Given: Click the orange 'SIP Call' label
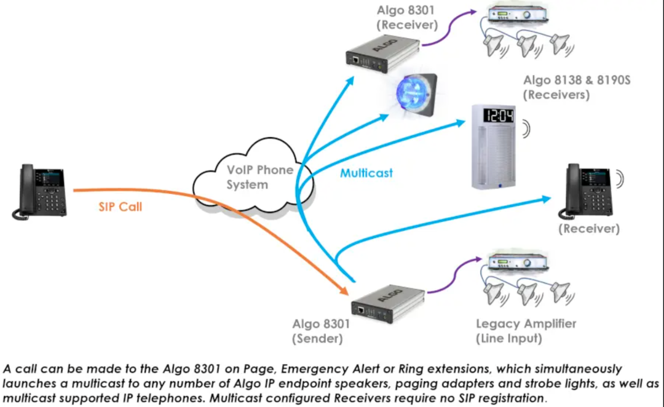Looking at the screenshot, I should (x=120, y=207).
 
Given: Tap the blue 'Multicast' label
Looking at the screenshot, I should (x=366, y=173).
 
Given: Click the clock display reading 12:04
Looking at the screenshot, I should (x=498, y=115).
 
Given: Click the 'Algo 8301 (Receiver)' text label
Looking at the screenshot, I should (x=406, y=17).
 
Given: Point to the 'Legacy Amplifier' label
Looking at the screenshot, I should (x=526, y=324).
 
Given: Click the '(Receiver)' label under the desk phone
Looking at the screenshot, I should (x=588, y=229).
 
